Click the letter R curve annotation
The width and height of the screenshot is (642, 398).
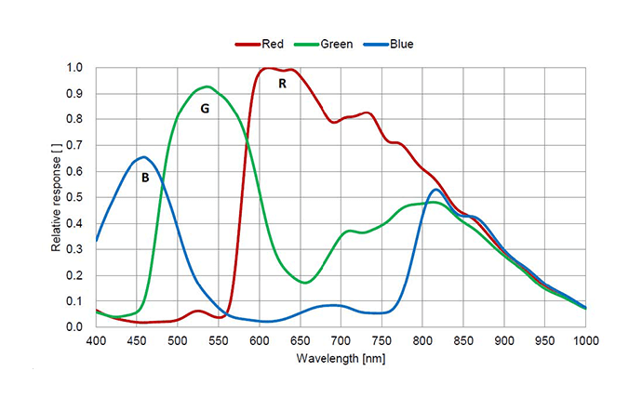tap(282, 84)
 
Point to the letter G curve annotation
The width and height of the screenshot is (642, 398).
tap(205, 109)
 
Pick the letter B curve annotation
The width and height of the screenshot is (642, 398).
tap(145, 177)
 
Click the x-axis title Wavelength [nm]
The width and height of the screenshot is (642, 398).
tap(341, 358)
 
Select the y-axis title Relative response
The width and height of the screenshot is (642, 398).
tap(58, 197)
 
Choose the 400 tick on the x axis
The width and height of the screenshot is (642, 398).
tap(96, 340)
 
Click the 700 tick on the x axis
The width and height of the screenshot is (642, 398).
tap(341, 340)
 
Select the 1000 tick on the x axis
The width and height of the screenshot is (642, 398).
tap(585, 340)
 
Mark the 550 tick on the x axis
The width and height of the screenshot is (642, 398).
tap(219, 340)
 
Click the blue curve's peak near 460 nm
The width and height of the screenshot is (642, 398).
tap(143, 157)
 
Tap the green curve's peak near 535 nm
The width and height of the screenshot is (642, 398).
tap(207, 86)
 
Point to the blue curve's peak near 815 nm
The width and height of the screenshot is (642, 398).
tap(435, 190)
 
